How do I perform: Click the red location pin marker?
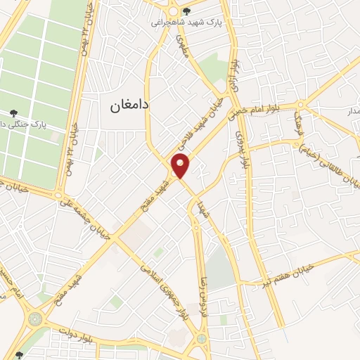181,166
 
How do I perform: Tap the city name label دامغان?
131,106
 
